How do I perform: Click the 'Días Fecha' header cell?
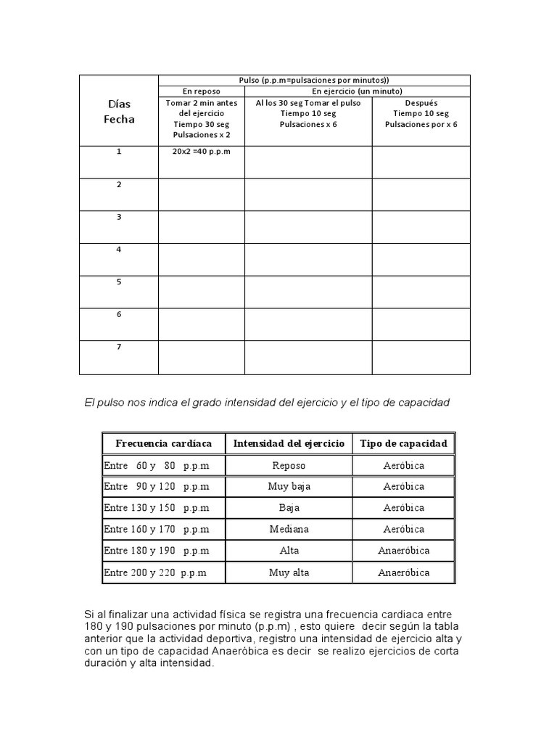(x=119, y=112)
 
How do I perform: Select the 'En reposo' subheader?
(x=201, y=91)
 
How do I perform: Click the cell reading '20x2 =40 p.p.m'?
(x=201, y=152)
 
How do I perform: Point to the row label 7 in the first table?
(x=119, y=347)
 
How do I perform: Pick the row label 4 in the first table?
(x=119, y=250)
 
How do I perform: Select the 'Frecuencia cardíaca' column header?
(x=163, y=443)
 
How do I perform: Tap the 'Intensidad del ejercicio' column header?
(x=289, y=443)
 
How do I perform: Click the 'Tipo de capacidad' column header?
(x=403, y=443)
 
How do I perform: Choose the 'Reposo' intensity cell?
(x=289, y=466)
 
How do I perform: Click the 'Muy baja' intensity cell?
(x=289, y=487)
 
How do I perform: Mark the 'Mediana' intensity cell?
(x=289, y=530)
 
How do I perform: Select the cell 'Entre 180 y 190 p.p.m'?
(x=157, y=551)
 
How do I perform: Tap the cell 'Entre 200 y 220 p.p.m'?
(x=155, y=572)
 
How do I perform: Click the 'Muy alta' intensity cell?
(x=289, y=572)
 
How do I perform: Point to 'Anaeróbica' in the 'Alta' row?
(x=403, y=551)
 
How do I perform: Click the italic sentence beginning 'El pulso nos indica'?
(x=268, y=403)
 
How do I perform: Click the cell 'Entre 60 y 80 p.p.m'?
(x=157, y=466)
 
